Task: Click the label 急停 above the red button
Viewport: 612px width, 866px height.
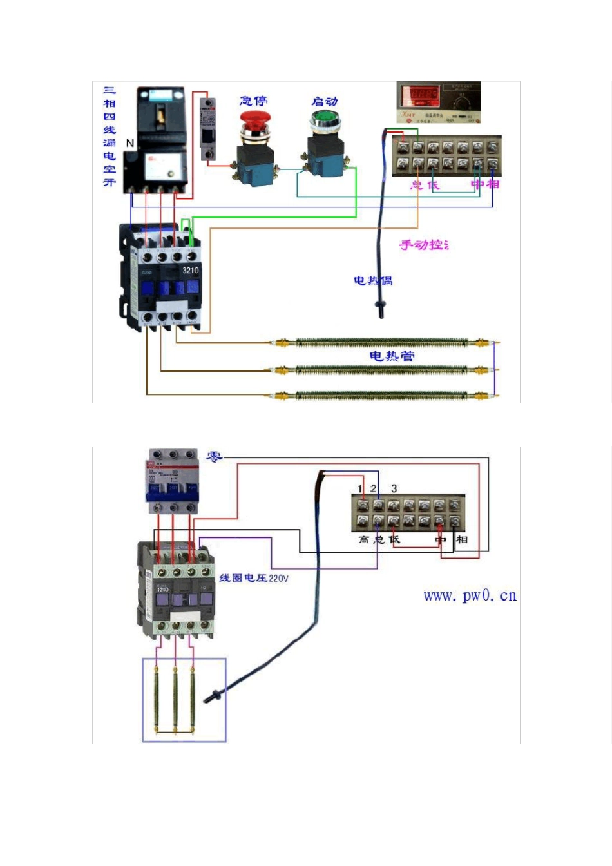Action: coord(253,101)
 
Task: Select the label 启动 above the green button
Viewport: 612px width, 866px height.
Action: coord(325,101)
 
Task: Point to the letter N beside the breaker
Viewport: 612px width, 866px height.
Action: coord(130,143)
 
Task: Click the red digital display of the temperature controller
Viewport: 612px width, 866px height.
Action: coord(420,95)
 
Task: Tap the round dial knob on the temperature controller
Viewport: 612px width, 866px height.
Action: coord(462,101)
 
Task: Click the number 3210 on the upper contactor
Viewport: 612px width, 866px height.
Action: coord(191,271)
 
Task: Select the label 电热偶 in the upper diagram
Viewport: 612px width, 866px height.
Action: coord(373,280)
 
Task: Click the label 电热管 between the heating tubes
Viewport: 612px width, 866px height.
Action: coord(392,356)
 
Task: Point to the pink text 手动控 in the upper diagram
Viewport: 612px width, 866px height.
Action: coord(423,245)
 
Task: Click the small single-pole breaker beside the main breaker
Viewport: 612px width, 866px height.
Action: coord(207,129)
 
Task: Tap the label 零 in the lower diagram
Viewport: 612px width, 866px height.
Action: coord(214,457)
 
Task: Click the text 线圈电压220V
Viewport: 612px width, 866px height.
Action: coord(254,578)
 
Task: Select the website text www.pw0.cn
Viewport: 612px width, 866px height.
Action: coord(470,595)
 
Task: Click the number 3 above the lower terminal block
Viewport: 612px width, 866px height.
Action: coord(394,488)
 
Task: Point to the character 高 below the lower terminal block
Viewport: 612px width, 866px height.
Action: coord(364,539)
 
